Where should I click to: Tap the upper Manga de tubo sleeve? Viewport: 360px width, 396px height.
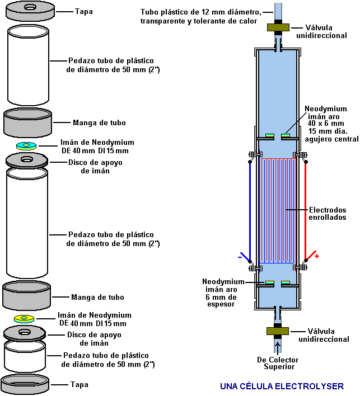pos(29,122)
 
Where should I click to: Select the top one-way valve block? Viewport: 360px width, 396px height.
pos(278,27)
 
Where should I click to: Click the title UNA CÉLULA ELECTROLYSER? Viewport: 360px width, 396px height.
pos(282,386)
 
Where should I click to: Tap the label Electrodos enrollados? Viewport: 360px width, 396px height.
pos(328,213)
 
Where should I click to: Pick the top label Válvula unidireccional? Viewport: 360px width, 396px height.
pos(328,31)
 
